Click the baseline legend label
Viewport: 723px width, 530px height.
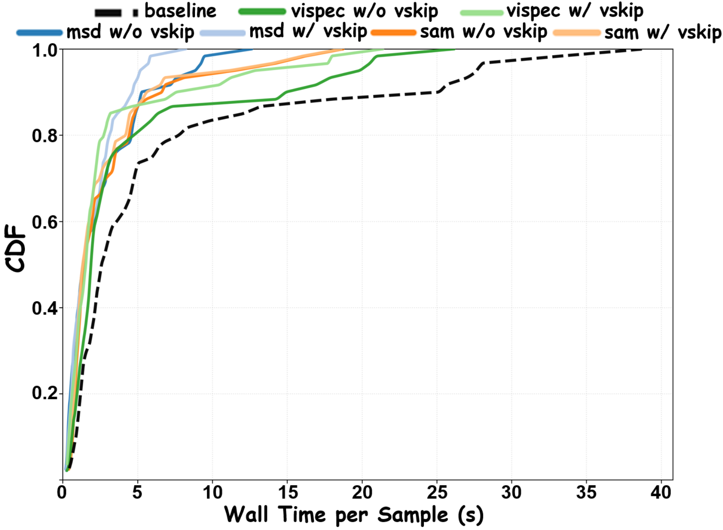180,11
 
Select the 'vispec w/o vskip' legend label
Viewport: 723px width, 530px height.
364,12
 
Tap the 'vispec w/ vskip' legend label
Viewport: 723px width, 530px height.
575,12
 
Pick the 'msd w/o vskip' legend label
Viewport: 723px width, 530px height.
130,32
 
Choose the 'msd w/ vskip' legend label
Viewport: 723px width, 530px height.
308,32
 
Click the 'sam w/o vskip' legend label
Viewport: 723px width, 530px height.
483,32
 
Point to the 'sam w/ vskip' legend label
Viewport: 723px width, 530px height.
663,33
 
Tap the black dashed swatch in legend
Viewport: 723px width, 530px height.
116,12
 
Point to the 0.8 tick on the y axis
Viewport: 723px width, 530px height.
44,135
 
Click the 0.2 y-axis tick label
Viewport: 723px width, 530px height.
44,394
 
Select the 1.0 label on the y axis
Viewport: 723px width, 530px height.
44,50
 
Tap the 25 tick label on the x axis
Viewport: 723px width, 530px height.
437,493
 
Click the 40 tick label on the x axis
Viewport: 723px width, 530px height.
661,493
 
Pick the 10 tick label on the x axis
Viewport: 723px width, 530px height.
212,493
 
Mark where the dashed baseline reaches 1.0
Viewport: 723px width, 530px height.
642,50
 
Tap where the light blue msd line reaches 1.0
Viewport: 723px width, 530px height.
187,50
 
